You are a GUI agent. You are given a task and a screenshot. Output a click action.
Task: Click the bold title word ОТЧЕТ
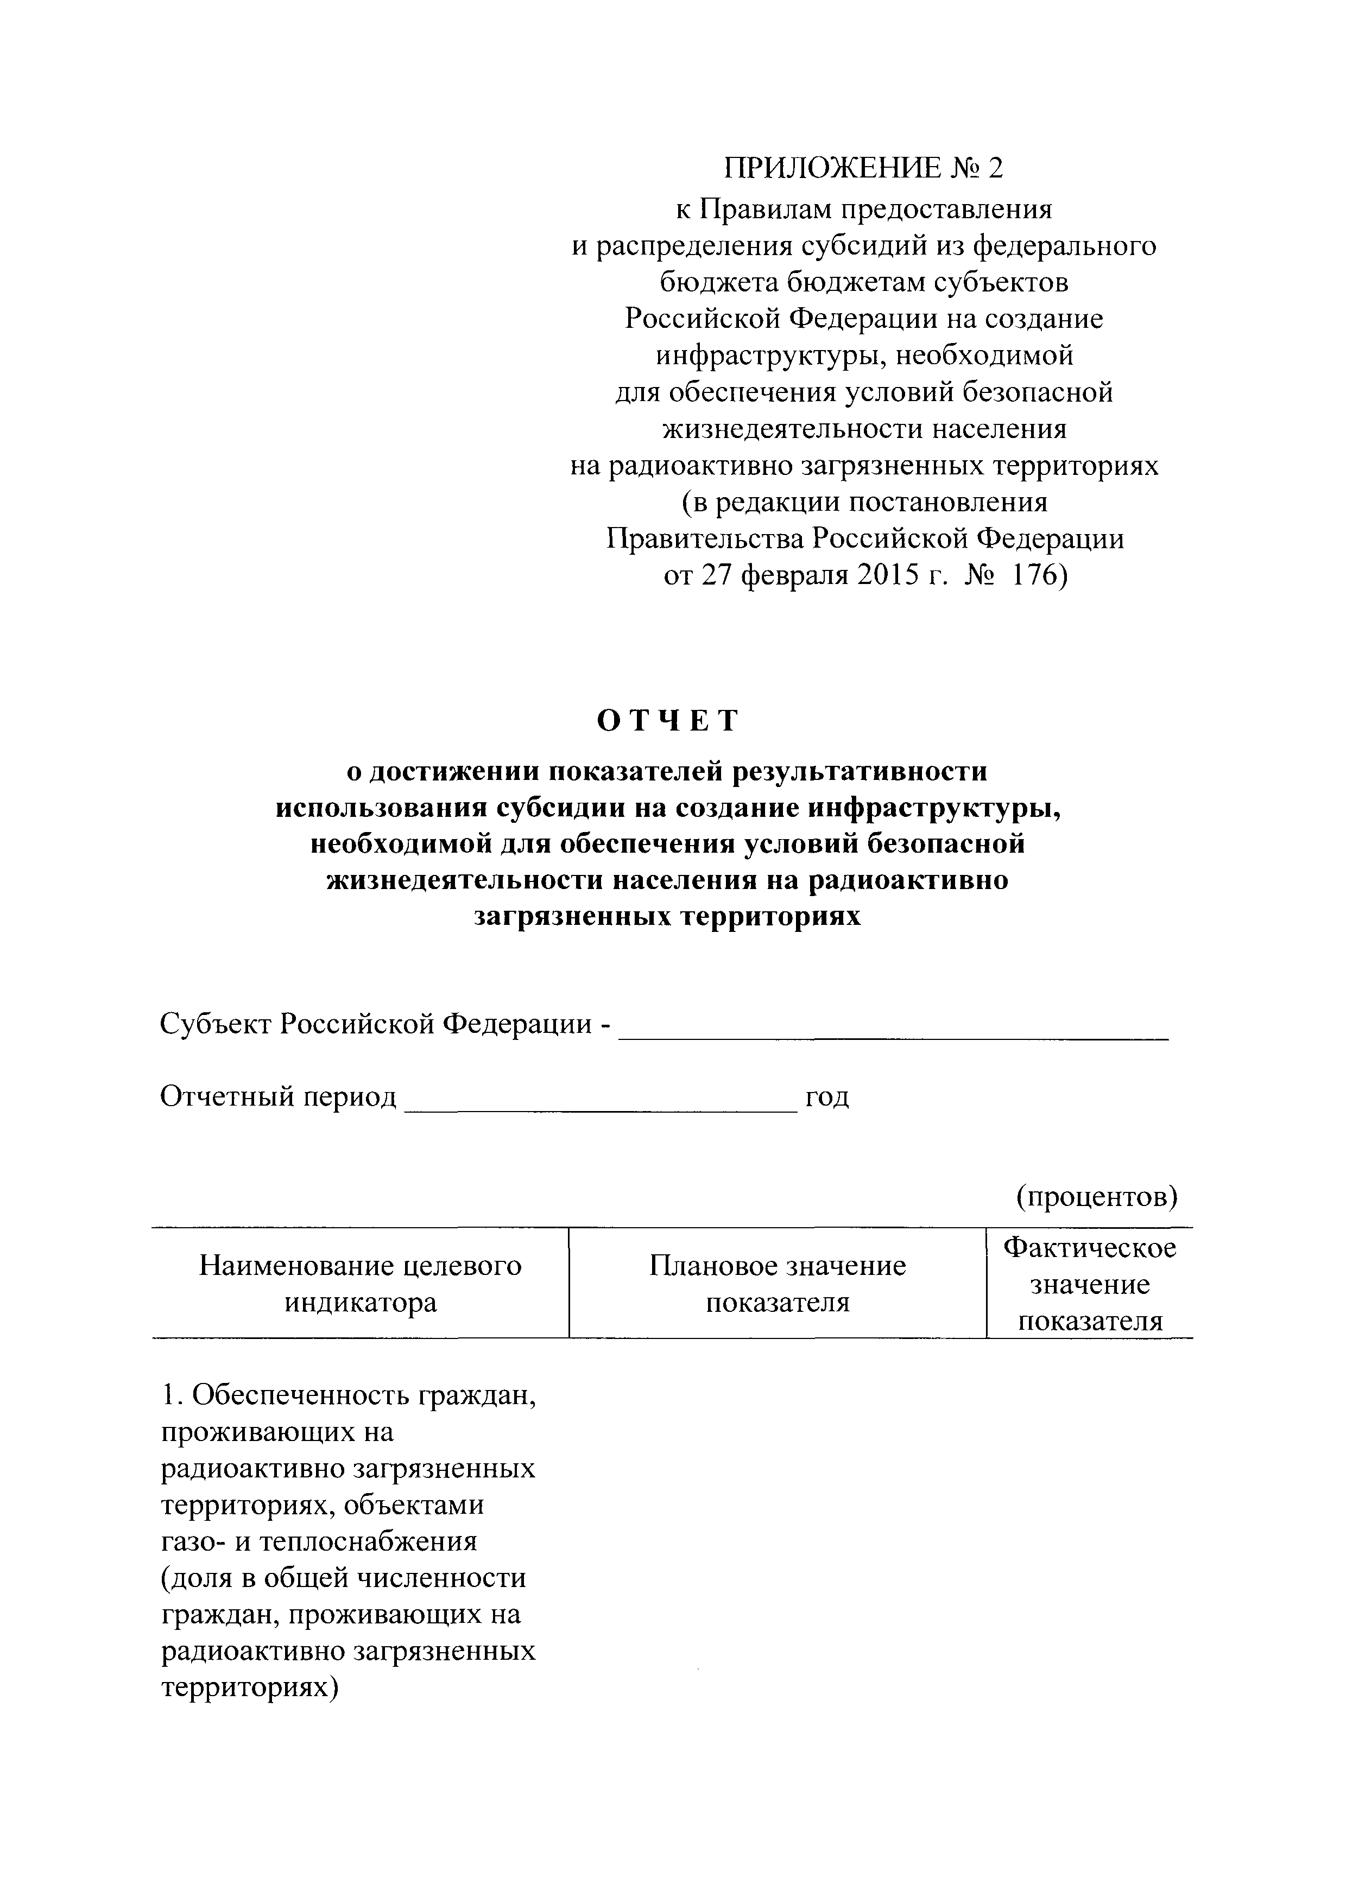668,721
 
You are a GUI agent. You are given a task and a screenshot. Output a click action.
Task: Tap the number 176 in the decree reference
1038,575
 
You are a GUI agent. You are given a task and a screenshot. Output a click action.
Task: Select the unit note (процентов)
1096,1196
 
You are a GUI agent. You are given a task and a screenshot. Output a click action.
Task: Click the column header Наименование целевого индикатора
361,1284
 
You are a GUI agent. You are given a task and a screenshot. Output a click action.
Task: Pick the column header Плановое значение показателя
777,1284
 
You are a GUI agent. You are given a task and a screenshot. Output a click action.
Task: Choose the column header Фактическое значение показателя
1090,1284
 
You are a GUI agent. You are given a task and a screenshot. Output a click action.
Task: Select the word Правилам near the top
762,209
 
